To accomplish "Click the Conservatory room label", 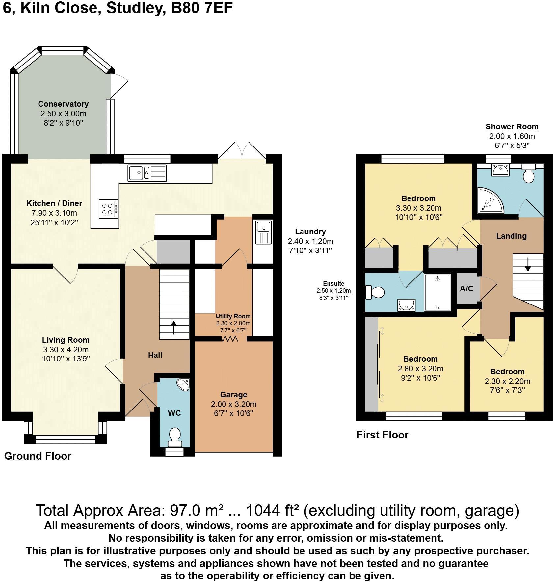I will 63,104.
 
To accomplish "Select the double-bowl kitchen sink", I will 147,172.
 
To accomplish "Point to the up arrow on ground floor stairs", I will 174,328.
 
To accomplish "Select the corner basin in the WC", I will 183,384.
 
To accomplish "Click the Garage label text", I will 233,394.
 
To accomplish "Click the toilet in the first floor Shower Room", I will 529,174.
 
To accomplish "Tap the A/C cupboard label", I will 466,289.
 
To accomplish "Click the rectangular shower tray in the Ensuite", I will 438,292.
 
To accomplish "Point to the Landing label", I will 511,236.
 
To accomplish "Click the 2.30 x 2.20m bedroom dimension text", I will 507,381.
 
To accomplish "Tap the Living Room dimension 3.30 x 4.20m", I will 66,350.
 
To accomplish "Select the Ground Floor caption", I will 38,456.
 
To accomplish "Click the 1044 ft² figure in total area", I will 273,511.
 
